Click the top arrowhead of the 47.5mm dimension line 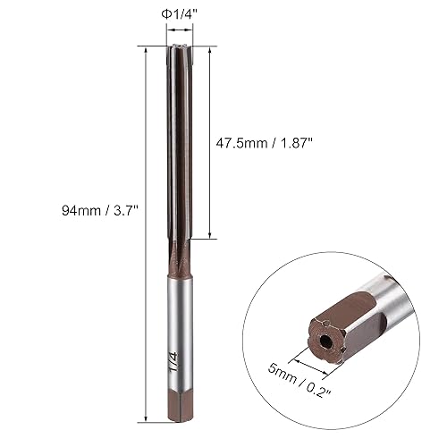(x=211, y=46)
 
